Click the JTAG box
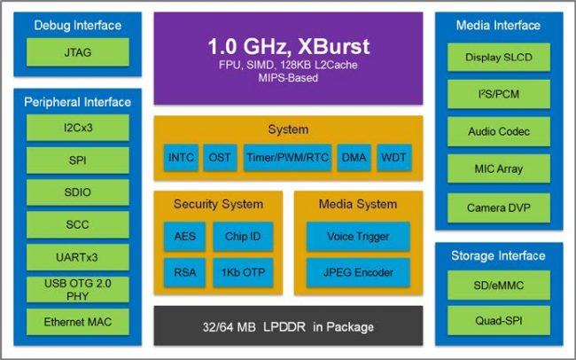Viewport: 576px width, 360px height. coord(78,52)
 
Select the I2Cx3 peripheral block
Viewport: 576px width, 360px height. coord(78,129)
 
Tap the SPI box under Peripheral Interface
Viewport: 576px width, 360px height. coord(78,160)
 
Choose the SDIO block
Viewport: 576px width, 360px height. coord(78,192)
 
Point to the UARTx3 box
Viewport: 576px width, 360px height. coord(78,257)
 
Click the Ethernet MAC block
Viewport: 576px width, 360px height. coord(78,321)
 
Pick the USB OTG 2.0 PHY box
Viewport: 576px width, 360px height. coord(78,289)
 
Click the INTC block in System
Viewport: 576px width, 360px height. coord(181,157)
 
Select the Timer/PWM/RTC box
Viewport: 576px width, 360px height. coord(284,157)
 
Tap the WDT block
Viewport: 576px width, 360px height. coord(393,157)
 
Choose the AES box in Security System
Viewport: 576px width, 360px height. coord(184,237)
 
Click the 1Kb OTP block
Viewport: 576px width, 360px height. coord(242,270)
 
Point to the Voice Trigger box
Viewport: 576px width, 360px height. coord(358,237)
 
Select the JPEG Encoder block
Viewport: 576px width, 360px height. coord(358,270)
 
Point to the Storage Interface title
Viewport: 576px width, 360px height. coord(499,256)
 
